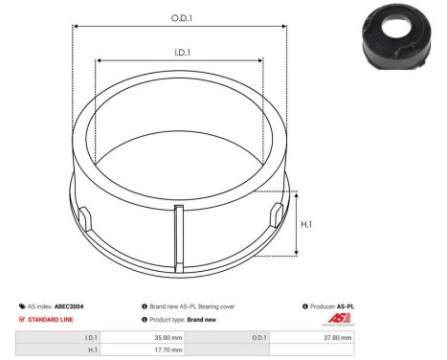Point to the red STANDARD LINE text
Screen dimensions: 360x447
pyautogui.click(x=50, y=319)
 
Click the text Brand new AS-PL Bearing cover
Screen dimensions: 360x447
pyautogui.click(x=192, y=306)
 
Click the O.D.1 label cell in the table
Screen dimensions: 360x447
pyautogui.click(x=259, y=338)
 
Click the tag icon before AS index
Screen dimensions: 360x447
pyautogui.click(x=21, y=306)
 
